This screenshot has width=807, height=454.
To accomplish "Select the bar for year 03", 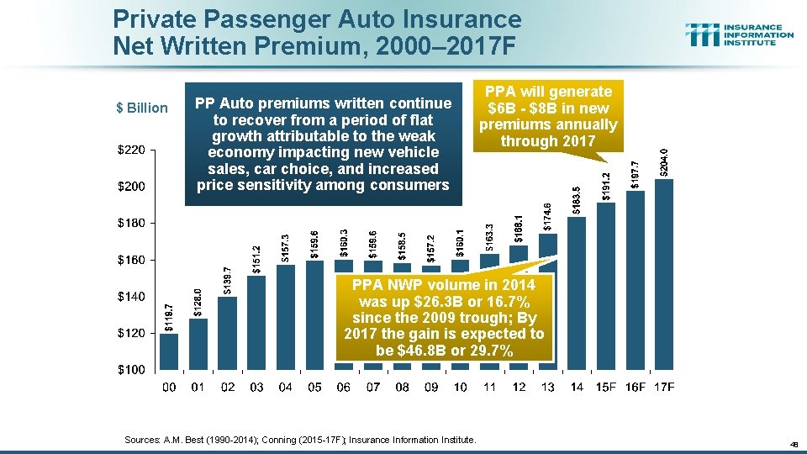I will [256, 323].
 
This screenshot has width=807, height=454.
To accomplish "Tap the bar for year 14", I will [577, 294].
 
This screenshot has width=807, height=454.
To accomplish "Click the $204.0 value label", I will [664, 162].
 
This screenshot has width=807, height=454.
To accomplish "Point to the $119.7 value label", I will [169, 318].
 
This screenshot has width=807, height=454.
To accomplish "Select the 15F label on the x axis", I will [606, 387].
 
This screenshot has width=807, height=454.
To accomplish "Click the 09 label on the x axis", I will [431, 387].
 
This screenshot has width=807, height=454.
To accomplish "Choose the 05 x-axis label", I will [314, 387].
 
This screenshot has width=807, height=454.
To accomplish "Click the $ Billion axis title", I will [141, 108].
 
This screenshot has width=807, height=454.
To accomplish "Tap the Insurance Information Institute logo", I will [739, 34].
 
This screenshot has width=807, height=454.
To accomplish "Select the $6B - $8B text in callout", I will [547, 108].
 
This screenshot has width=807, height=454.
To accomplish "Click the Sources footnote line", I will [299, 440].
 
